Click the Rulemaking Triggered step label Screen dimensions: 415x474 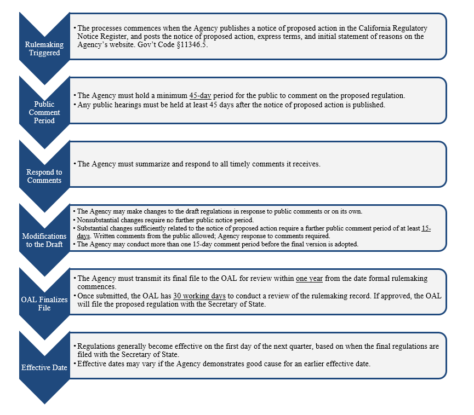44,49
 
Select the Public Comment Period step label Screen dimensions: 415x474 44,112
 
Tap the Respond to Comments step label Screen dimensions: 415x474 44,176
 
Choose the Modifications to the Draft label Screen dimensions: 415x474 44,240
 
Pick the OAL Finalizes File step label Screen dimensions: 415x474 44,303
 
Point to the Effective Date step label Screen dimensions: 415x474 44,367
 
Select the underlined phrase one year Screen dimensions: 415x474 309,279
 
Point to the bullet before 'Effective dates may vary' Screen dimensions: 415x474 75,363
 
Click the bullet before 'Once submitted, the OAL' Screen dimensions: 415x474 75,296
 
